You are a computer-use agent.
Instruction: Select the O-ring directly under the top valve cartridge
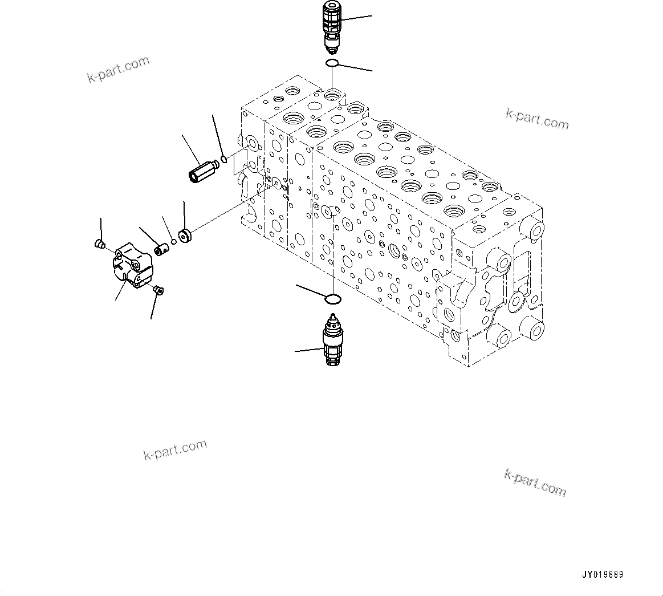pyautogui.click(x=333, y=63)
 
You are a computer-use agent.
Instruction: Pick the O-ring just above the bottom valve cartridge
pyautogui.click(x=333, y=298)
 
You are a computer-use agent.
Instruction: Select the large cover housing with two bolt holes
pyautogui.click(x=133, y=265)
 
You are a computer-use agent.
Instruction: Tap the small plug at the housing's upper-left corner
pyautogui.click(x=99, y=245)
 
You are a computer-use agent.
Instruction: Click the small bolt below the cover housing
pyautogui.click(x=158, y=291)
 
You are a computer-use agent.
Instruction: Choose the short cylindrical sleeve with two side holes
pyautogui.click(x=162, y=249)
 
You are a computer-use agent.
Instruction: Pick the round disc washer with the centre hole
pyautogui.click(x=185, y=236)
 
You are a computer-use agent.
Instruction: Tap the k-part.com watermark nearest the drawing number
pyautogui.click(x=535, y=482)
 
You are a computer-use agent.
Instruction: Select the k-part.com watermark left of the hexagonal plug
pyautogui.click(x=118, y=70)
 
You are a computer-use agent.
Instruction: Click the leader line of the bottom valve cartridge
pyautogui.click(x=309, y=350)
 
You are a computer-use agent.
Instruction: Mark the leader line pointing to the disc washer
pyautogui.click(x=184, y=214)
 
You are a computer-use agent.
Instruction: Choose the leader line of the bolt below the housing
pyautogui.click(x=153, y=308)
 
